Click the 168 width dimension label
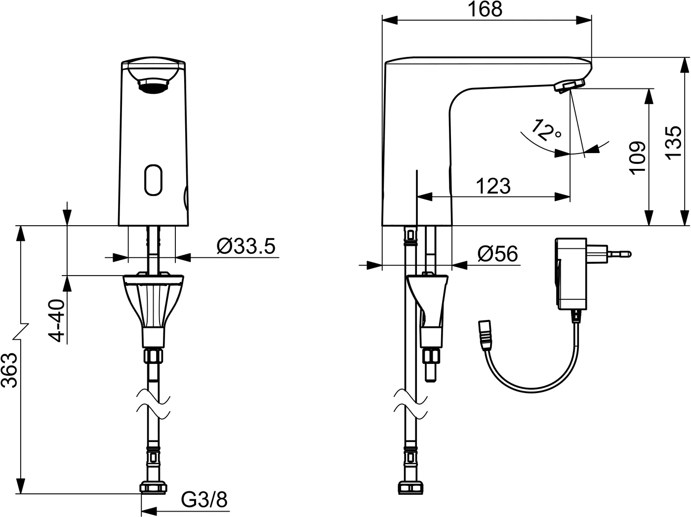[x=485, y=9]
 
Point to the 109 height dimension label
[x=637, y=158]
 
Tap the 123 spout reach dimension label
[x=493, y=186]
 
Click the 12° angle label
[x=546, y=130]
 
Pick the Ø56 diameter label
[x=498, y=254]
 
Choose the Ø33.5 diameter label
[x=246, y=246]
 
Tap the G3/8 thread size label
[x=204, y=499]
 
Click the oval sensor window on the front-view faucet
[x=153, y=180]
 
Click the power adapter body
[x=571, y=273]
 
